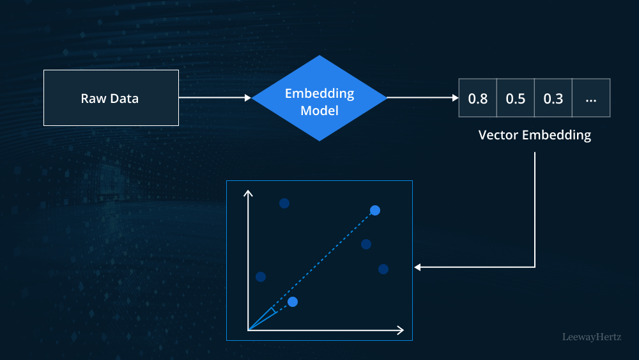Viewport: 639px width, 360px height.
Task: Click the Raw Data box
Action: (111, 98)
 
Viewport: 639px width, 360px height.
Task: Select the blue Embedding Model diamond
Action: (319, 98)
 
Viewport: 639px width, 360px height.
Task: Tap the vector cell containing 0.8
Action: (478, 98)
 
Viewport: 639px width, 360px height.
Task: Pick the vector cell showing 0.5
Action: (516, 98)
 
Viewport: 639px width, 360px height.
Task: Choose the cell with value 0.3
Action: (553, 98)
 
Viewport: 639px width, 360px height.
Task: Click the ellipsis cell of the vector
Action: (591, 98)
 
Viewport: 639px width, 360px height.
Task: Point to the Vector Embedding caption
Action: (535, 135)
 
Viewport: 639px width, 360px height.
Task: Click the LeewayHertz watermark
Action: (591, 336)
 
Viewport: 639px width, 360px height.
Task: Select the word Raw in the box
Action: (93, 98)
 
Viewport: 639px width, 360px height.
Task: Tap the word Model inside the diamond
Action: (319, 110)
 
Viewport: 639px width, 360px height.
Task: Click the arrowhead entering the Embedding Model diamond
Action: (248, 98)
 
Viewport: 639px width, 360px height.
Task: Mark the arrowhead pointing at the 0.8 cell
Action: (455, 98)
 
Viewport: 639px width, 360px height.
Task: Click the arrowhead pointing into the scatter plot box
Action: (417, 267)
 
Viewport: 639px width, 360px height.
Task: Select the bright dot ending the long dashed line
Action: (375, 210)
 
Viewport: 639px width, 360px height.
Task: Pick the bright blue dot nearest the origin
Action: (293, 301)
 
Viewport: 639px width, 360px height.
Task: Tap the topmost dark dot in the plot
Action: (284, 203)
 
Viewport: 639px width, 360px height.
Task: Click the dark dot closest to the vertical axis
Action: (260, 277)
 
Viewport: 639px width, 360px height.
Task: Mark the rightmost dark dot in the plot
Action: (383, 269)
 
